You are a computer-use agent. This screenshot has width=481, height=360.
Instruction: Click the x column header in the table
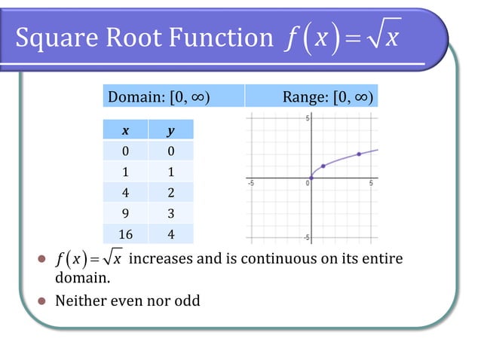[125, 130]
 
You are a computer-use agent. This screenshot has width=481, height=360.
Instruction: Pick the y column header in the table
[170, 130]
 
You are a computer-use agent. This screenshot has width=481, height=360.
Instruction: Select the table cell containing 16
[125, 234]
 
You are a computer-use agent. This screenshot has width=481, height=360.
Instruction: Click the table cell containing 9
[125, 214]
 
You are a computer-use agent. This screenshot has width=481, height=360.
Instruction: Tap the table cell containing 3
[170, 214]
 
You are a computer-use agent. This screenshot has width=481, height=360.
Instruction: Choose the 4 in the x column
[125, 193]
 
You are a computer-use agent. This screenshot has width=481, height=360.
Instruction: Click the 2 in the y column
[170, 193]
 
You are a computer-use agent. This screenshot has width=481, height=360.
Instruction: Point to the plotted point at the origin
[311, 178]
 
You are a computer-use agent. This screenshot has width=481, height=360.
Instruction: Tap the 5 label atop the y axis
[307, 119]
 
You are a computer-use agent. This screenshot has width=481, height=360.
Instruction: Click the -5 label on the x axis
[251, 184]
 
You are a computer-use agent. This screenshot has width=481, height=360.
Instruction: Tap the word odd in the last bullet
[186, 301]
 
